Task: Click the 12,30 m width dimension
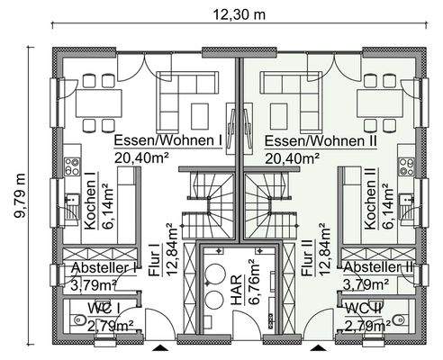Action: point(238,15)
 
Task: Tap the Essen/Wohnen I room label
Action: point(168,142)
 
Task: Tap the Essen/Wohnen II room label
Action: point(319,142)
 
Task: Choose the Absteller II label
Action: point(378,268)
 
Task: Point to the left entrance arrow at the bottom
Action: point(160,348)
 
